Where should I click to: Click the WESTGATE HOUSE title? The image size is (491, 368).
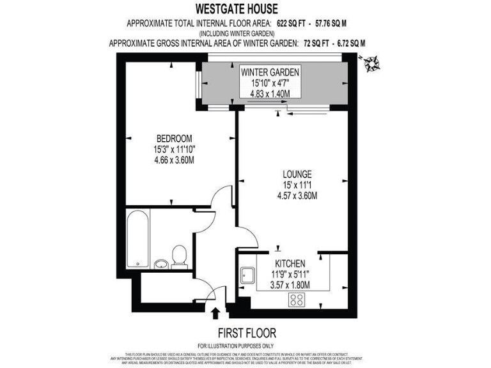(x=245, y=10)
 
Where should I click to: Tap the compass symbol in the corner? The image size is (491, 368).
(x=370, y=62)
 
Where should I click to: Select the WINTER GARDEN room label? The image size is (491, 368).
(x=270, y=72)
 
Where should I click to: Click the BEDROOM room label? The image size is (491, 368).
(x=175, y=139)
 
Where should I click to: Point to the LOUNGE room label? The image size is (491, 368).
(x=297, y=174)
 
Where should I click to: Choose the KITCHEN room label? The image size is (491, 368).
(x=290, y=263)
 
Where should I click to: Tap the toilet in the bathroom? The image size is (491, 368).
(x=179, y=256)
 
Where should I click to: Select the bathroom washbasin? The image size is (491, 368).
(x=160, y=263)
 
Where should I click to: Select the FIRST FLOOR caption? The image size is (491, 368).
(x=247, y=333)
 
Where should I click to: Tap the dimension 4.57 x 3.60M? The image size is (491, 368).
(x=297, y=195)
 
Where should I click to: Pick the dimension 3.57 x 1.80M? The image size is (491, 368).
(x=290, y=285)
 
